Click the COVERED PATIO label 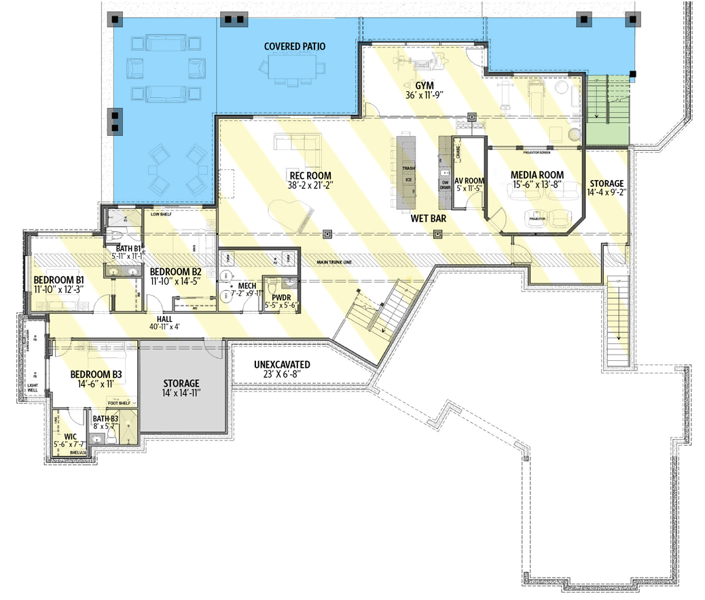coord(295,47)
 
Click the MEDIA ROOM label coord(537,175)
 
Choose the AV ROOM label coord(469,181)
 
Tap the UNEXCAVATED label coord(282,364)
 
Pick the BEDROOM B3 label coord(96,374)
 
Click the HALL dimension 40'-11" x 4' coord(164,326)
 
